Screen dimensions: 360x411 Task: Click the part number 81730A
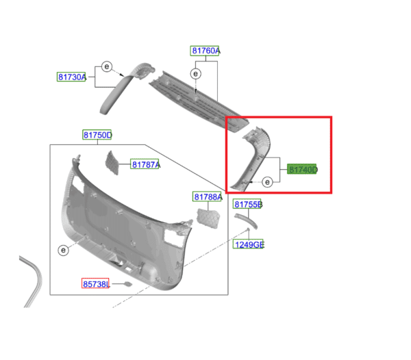coord(72,77)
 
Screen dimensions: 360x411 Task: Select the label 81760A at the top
coord(205,51)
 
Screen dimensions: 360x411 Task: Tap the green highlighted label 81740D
coord(302,169)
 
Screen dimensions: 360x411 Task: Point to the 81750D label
coord(98,136)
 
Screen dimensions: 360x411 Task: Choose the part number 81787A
coord(145,165)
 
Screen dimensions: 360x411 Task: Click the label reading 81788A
coord(208,197)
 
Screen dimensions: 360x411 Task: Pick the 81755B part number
coord(248,205)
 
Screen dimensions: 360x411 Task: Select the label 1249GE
coord(249,244)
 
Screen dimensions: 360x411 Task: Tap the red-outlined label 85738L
coord(95,283)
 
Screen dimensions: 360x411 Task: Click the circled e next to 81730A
coord(107,66)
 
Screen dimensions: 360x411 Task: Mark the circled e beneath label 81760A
coord(196,73)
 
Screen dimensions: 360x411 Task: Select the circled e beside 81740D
coord(266,182)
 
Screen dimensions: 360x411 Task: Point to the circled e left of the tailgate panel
coord(62,250)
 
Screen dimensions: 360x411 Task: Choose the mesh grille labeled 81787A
coord(112,162)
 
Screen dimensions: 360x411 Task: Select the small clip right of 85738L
coord(126,283)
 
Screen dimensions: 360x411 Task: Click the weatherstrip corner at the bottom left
coord(32,274)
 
